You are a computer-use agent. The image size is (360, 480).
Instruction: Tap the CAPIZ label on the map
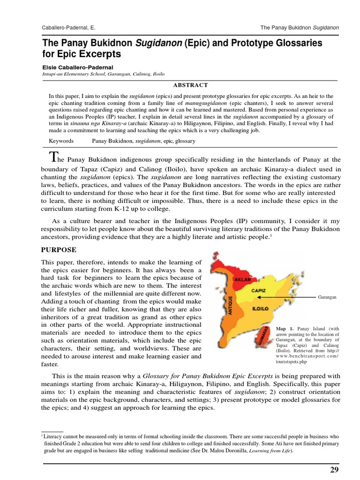[x=259, y=290]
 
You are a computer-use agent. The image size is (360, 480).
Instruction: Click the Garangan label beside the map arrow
[x=328, y=297]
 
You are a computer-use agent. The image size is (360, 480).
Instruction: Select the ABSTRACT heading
[x=190, y=85]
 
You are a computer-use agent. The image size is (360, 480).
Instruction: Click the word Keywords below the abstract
[x=61, y=140]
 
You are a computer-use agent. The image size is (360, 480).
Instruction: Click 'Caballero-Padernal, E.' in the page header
[x=69, y=28]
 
